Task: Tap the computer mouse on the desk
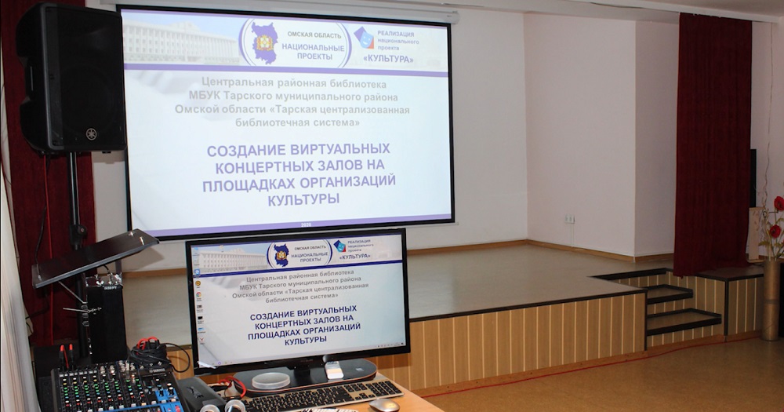click(384, 405)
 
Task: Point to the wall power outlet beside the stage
click(570, 219)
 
